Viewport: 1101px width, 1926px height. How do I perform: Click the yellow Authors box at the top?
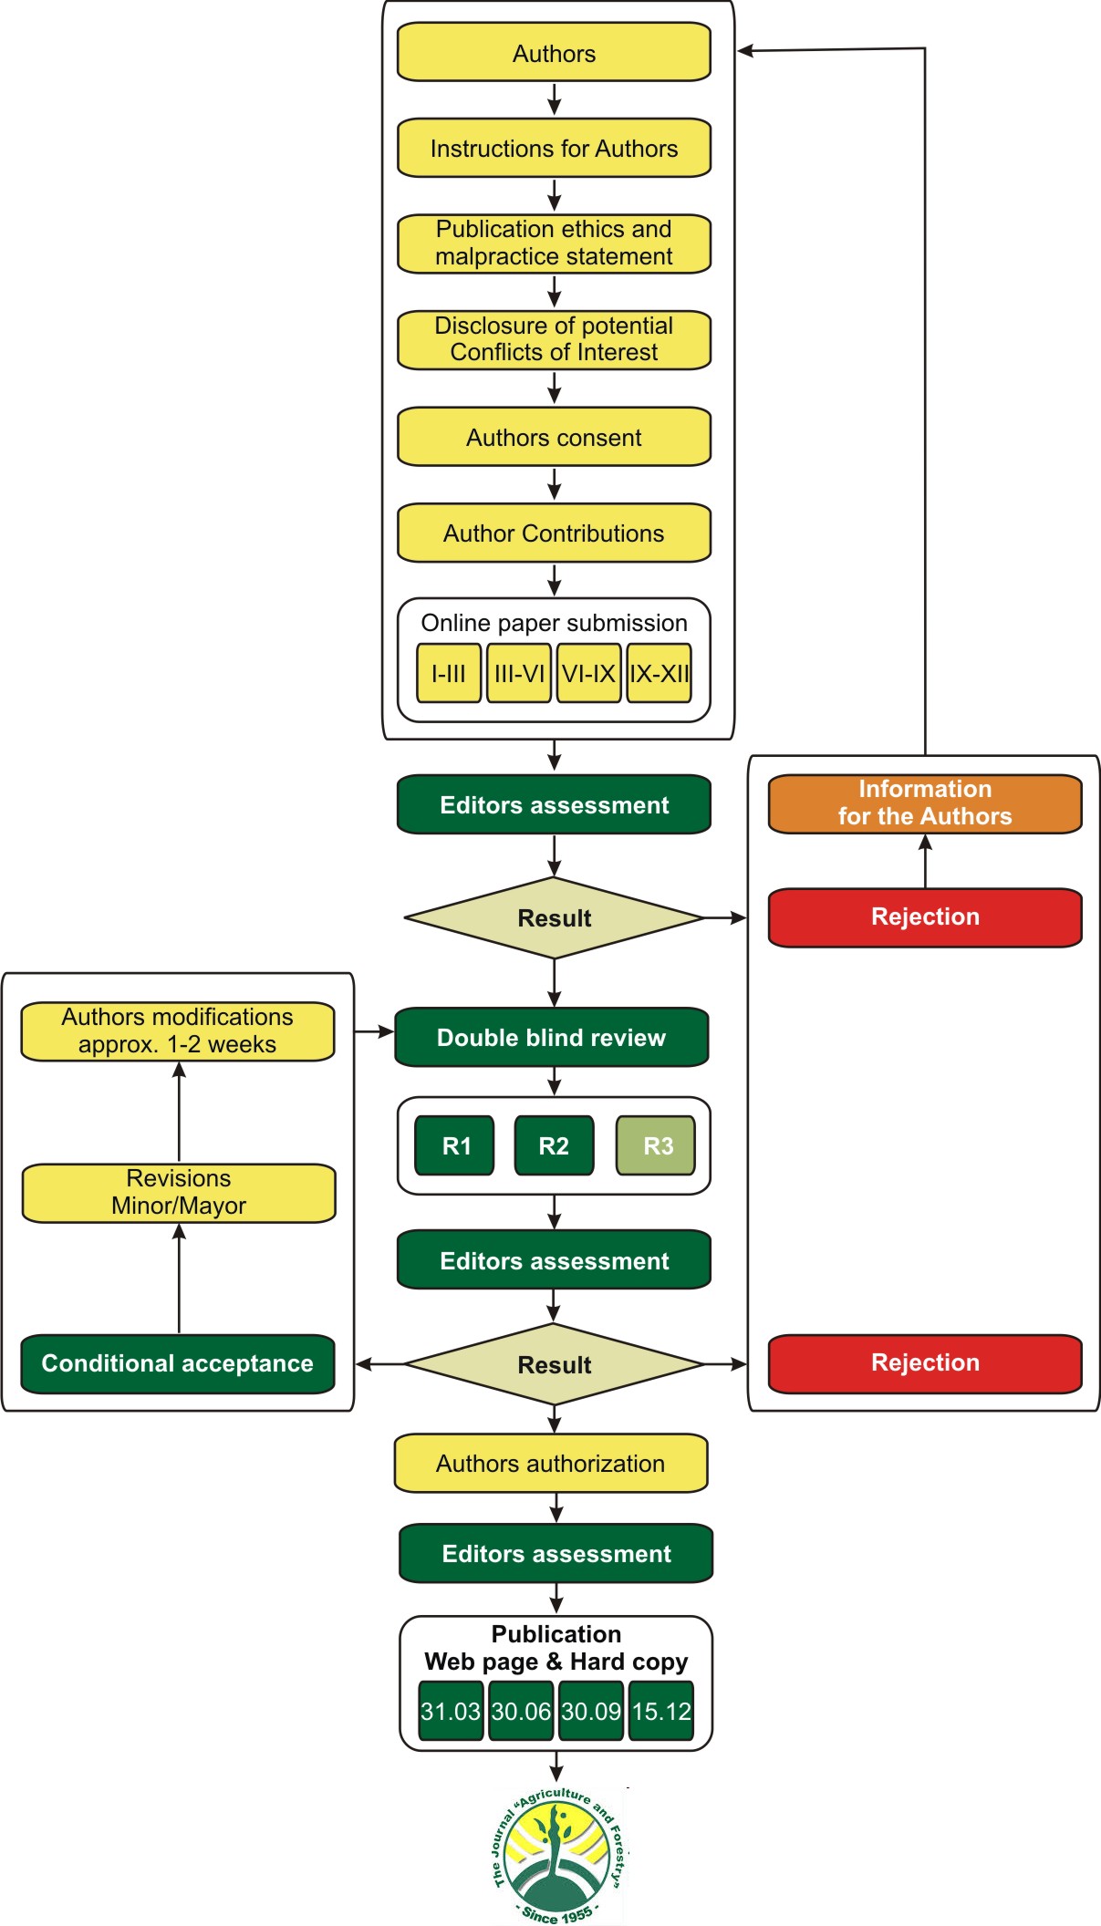click(x=554, y=52)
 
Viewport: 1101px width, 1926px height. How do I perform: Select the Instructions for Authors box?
click(x=554, y=148)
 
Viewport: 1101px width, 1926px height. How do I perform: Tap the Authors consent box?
click(x=554, y=437)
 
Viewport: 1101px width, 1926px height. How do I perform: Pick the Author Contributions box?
click(x=554, y=533)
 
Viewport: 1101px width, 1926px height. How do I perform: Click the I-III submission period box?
click(x=449, y=673)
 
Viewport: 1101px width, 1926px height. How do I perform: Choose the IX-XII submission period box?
click(x=660, y=673)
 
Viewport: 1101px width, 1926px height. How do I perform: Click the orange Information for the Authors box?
click(x=925, y=803)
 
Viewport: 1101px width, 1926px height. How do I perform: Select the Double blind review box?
click(x=552, y=1037)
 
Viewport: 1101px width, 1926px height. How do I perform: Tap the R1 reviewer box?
click(x=455, y=1145)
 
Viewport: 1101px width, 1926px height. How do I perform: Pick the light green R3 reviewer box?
click(x=656, y=1145)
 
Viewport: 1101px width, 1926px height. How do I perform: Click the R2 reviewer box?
click(x=555, y=1145)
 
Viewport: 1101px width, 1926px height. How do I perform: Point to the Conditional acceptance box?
click(x=178, y=1363)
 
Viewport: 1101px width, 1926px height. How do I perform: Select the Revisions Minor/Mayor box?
click(x=179, y=1192)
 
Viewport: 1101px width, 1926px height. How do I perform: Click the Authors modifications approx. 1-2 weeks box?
click(x=178, y=1030)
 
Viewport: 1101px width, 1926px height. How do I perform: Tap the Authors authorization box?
click(x=551, y=1463)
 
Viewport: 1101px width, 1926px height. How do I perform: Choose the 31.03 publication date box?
click(x=451, y=1711)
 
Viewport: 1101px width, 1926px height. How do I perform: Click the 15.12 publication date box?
click(x=661, y=1711)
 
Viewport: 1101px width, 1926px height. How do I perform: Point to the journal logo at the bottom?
click(x=557, y=1855)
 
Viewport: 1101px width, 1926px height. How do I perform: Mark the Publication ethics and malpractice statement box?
click(x=554, y=243)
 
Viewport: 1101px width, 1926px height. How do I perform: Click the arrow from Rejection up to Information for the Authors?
click(x=925, y=862)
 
